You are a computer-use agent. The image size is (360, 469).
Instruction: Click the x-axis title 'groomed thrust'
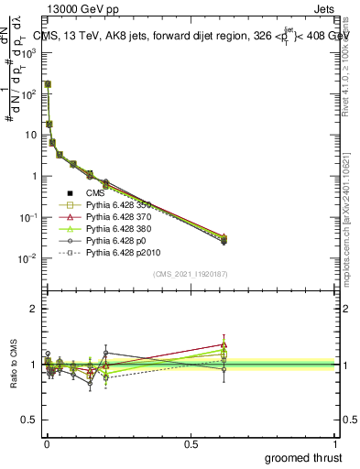click(x=304, y=457)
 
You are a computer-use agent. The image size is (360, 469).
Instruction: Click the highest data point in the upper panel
click(x=48, y=83)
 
